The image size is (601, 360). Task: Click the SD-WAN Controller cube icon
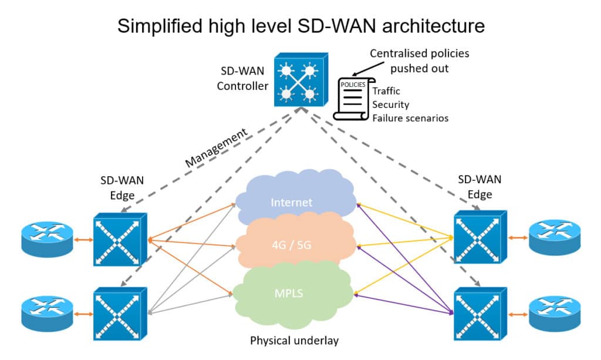coord(301,80)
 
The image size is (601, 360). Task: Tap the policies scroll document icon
coord(350,99)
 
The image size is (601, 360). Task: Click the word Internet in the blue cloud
coord(291,202)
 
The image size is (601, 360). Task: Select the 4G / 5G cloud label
coord(291,245)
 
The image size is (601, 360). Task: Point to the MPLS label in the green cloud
coord(289,293)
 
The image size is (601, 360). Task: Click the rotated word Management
coord(216,147)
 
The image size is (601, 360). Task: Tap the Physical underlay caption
coord(295,341)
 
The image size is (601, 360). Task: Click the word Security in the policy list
coord(390,105)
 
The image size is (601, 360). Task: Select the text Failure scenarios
coord(410,118)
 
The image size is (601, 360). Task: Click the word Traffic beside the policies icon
coord(386,91)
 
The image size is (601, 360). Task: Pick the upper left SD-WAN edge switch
coord(120,239)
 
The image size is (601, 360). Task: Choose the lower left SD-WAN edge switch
coord(120,314)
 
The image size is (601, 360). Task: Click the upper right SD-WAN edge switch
coord(480,237)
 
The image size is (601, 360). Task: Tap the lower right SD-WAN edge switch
coord(480,314)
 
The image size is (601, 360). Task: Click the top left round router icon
coord(47,239)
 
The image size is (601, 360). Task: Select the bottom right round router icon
coord(555,314)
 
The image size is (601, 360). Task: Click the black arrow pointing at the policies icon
coord(369,69)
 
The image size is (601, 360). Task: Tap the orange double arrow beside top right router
coord(518,238)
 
